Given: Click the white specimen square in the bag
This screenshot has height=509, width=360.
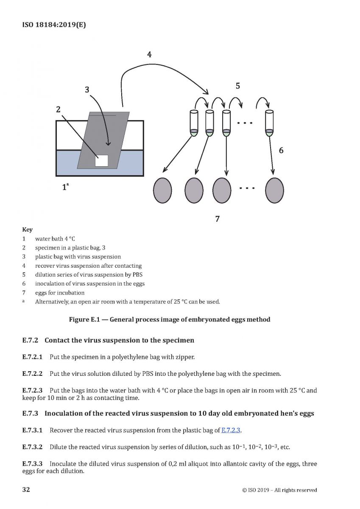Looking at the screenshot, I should point(102,160).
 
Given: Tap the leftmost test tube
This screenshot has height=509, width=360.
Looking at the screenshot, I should point(193,123).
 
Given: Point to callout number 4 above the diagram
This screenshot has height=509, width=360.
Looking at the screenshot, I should point(149,54).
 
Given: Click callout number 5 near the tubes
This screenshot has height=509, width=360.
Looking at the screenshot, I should point(238,86).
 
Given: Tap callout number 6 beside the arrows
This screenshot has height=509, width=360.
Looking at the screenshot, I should point(281,150).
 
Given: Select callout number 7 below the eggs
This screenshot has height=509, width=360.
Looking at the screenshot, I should point(218,219).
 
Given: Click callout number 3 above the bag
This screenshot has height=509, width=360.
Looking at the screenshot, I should point(87,89).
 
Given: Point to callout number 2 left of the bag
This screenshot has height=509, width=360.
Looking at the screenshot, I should point(58,109).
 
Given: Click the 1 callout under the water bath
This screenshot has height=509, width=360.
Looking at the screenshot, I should point(64,187).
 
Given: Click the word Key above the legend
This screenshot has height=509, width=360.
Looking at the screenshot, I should point(27,229).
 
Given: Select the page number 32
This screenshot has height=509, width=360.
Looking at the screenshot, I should point(26,489).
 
